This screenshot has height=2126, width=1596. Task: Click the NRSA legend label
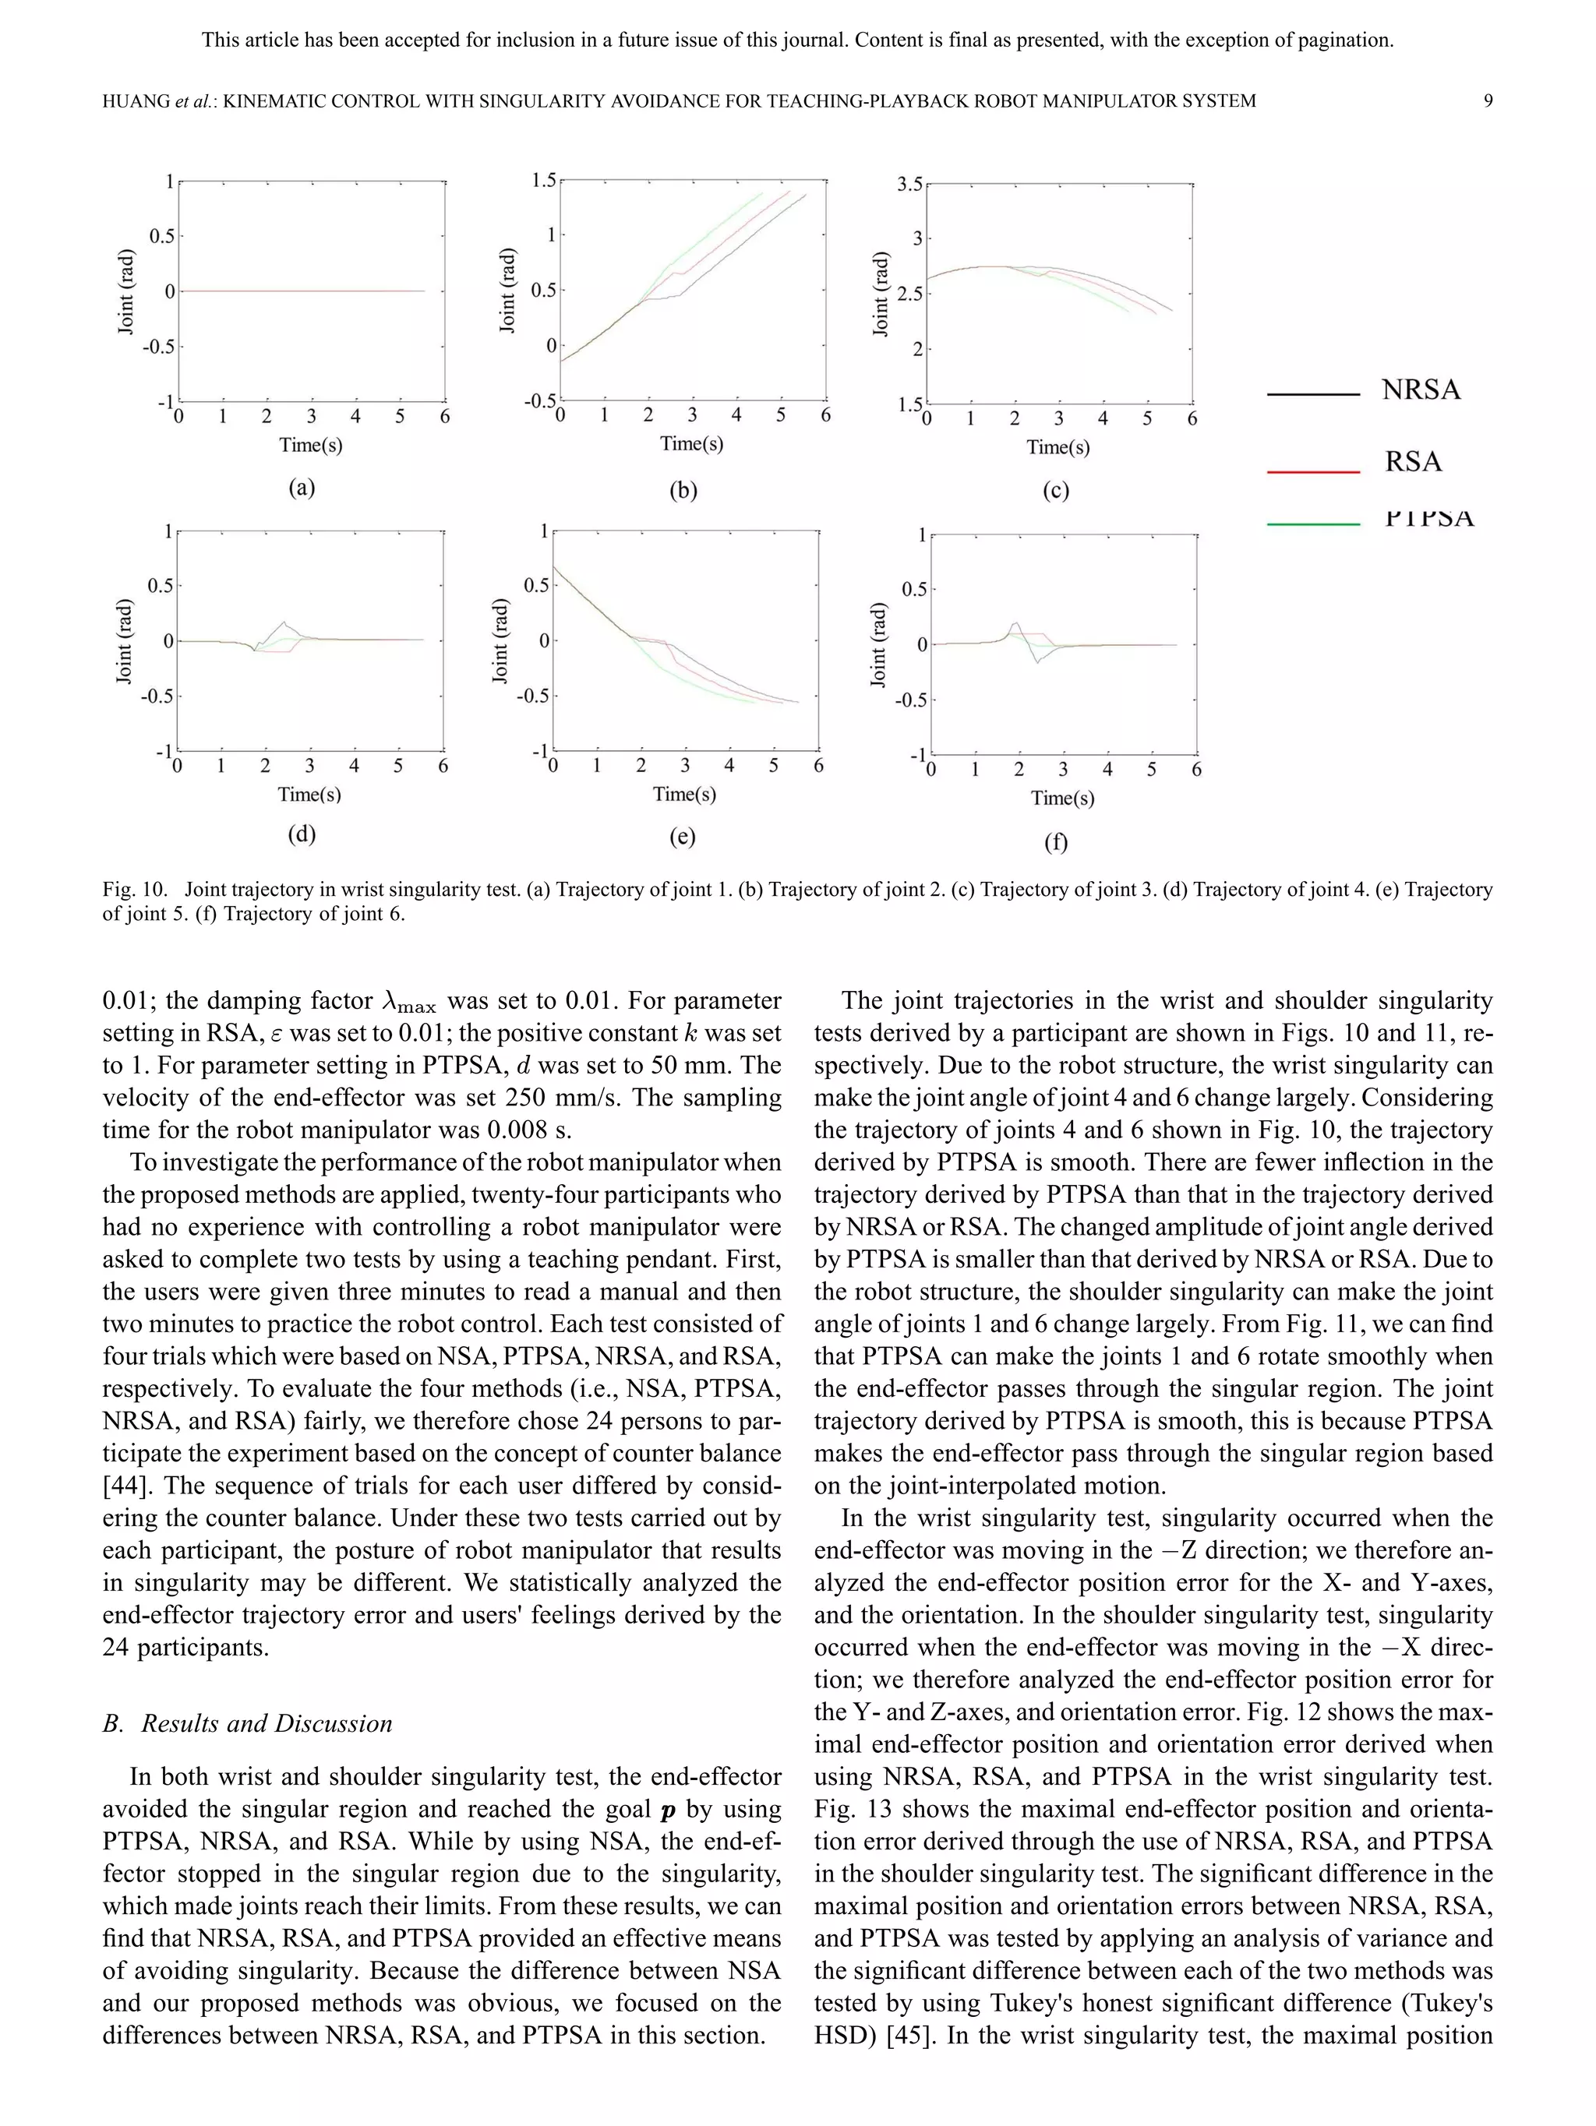pyautogui.click(x=1420, y=390)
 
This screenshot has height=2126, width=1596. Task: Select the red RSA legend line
pyautogui.click(x=1312, y=472)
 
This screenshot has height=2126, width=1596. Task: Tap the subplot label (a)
pyautogui.click(x=302, y=487)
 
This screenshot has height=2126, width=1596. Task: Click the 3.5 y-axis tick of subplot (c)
pyautogui.click(x=909, y=184)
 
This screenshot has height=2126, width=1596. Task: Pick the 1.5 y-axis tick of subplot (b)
pyautogui.click(x=543, y=180)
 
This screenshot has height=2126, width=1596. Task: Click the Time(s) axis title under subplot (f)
pyautogui.click(x=1061, y=798)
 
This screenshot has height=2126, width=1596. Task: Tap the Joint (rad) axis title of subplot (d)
pyautogui.click(x=124, y=641)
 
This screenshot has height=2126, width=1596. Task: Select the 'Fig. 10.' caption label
pyautogui.click(x=135, y=889)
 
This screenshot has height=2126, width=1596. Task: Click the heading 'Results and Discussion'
pyautogui.click(x=267, y=1723)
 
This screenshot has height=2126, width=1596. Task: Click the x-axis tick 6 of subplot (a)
pyautogui.click(x=444, y=416)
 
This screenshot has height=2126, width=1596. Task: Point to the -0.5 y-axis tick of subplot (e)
pyautogui.click(x=531, y=696)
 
